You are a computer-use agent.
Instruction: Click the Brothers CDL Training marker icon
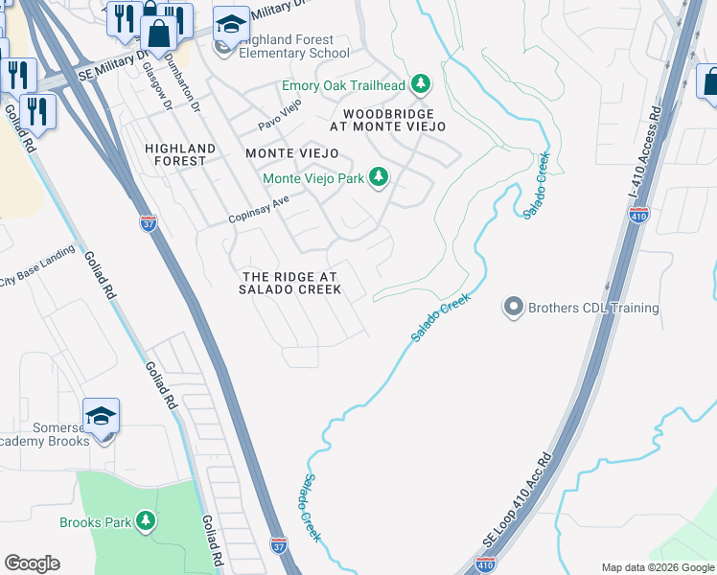pyautogui.click(x=513, y=308)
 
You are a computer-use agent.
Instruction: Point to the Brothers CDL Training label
pyautogui.click(x=593, y=309)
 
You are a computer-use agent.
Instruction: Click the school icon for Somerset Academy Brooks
pyautogui.click(x=101, y=416)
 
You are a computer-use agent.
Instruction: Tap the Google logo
pyautogui.click(x=32, y=563)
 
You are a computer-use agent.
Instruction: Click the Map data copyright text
pyautogui.click(x=658, y=567)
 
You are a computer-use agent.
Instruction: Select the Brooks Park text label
pyautogui.click(x=96, y=522)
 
